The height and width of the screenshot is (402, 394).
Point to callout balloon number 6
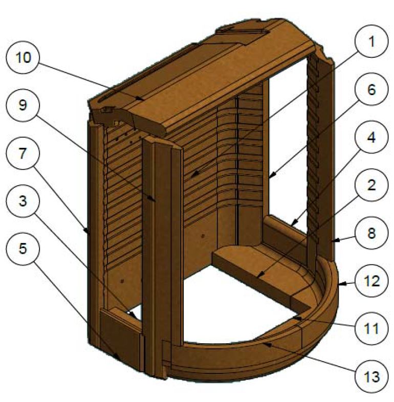coord(371,90)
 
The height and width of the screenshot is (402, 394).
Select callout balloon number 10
coord(21,58)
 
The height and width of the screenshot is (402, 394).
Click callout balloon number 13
coord(371,378)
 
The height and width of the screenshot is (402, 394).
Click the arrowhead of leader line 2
coord(257,277)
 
